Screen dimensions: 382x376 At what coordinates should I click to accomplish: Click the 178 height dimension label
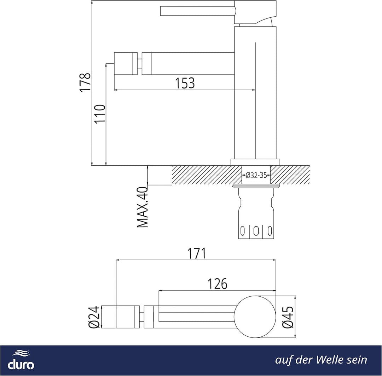pyautogui.click(x=85, y=82)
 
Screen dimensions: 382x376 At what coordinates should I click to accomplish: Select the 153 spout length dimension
pyautogui.click(x=185, y=83)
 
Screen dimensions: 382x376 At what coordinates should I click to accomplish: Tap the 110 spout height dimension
pyautogui.click(x=100, y=114)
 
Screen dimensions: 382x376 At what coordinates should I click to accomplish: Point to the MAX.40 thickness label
pyautogui.click(x=143, y=207)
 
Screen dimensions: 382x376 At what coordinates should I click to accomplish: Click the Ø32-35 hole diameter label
pyautogui.click(x=256, y=175)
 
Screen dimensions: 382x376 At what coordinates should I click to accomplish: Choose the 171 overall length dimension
pyautogui.click(x=196, y=253)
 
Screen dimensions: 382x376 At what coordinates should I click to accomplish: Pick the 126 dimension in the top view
pyautogui.click(x=217, y=284)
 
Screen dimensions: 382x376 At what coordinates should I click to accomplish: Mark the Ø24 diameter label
pyautogui.click(x=94, y=317)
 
